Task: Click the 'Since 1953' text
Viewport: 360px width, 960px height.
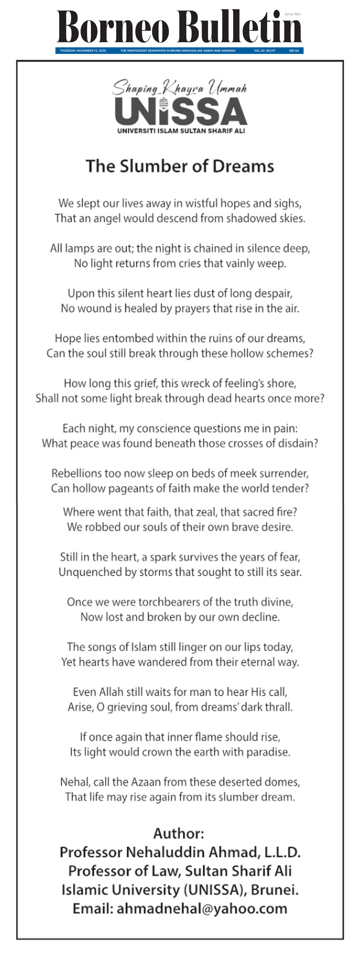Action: (292, 14)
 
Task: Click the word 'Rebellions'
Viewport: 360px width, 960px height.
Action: (77, 473)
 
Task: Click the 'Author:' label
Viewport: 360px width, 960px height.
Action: (179, 833)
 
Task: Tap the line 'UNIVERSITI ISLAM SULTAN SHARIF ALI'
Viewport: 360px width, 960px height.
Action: (181, 131)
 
